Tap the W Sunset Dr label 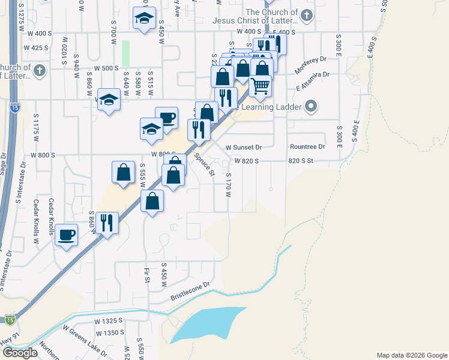coord(244,147)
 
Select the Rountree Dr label coord(307,146)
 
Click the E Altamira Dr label coord(313,81)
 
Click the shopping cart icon coord(261,85)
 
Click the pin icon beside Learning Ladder coord(311,107)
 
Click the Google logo coord(20,353)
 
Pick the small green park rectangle coord(125,53)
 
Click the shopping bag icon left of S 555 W coord(123,172)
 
